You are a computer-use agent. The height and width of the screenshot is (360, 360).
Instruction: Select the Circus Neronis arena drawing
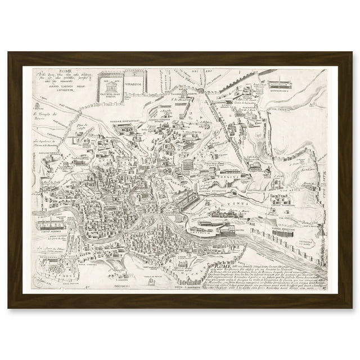(x=51, y=207)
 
